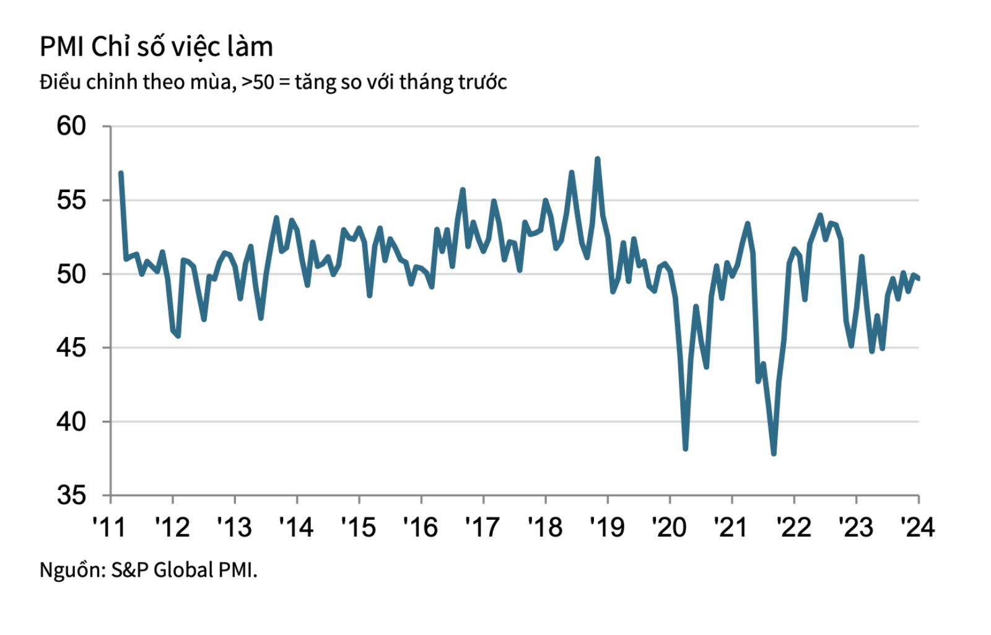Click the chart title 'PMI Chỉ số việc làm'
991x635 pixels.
tap(156, 47)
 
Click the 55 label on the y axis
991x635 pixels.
tap(71, 200)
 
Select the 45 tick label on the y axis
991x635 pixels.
tap(71, 348)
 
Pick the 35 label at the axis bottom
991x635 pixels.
tap(71, 495)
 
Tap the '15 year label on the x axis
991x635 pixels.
tap(358, 527)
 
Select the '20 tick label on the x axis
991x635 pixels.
tap(669, 527)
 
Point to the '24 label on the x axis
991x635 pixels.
tap(917, 527)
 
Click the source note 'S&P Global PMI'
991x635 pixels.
tap(183, 569)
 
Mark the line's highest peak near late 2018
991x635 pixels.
tap(597, 159)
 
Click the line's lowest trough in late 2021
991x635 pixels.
tap(774, 453)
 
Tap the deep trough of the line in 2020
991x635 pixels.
tap(685, 449)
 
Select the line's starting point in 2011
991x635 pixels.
tap(121, 173)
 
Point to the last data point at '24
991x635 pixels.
tap(918, 278)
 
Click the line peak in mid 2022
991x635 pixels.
tap(820, 216)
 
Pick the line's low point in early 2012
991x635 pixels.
tap(178, 336)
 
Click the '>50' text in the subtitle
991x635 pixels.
tap(257, 82)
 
